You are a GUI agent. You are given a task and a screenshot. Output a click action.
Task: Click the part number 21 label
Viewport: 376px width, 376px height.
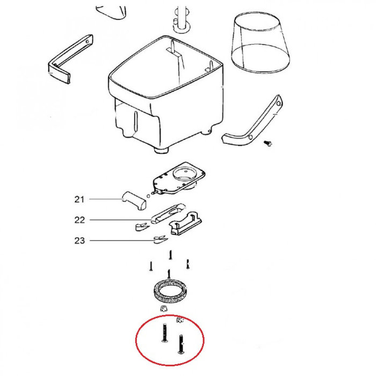tap(79, 199)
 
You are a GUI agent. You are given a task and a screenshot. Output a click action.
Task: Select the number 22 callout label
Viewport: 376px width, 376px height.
tap(79, 220)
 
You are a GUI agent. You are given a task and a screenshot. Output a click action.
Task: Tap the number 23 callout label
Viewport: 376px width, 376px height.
tap(79, 240)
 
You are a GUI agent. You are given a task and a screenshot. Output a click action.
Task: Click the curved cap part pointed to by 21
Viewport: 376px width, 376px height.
tap(134, 200)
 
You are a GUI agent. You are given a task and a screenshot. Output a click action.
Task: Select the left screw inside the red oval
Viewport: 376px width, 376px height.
tap(164, 332)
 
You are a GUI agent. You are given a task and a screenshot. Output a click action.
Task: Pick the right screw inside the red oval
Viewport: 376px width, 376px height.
tap(180, 344)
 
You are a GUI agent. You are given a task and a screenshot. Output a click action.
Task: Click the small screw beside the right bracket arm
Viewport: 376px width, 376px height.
tap(269, 143)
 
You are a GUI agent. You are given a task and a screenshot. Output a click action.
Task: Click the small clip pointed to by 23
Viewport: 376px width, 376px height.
tap(160, 240)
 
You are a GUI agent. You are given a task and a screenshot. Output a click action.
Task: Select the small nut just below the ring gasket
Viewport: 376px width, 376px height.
tap(163, 308)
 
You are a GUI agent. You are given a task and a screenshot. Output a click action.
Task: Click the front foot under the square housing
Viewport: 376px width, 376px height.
tap(161, 150)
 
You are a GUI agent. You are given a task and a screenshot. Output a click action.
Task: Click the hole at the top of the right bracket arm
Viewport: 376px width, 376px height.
tap(278, 104)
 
